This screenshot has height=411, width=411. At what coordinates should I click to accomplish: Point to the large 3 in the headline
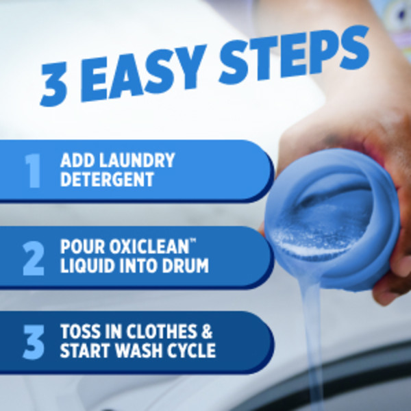point(53,84)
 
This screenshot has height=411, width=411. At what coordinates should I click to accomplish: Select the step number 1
point(33,171)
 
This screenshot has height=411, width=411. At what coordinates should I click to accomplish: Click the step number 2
point(33,258)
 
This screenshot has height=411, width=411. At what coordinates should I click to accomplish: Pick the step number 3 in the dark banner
point(34,342)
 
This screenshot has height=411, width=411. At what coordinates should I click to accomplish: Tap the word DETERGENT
point(107,179)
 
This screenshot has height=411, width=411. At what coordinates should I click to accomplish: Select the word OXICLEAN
point(149,247)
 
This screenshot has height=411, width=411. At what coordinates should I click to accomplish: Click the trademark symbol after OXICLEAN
point(193,241)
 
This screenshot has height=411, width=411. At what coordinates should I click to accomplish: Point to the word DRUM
point(186,265)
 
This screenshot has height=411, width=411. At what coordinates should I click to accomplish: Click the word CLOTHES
point(162,331)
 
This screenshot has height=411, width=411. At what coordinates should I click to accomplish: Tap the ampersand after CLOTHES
point(207,331)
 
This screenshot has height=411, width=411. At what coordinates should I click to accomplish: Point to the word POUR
point(83,247)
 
